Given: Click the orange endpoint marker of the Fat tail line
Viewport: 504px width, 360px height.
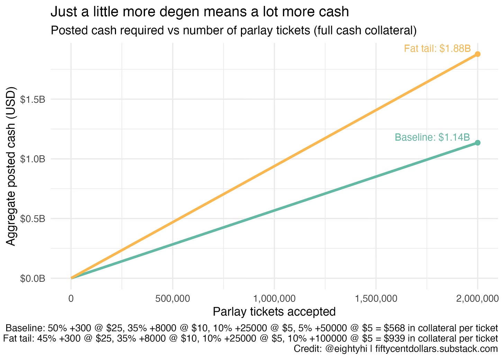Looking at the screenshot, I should click(477, 54).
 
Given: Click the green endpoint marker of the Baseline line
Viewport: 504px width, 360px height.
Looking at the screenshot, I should click(477, 143).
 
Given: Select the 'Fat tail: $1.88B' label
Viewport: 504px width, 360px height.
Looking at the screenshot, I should click(437, 48).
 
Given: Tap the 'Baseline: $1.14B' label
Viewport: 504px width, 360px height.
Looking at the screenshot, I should click(432, 137).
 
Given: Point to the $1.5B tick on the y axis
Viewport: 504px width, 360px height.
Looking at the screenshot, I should click(33, 99).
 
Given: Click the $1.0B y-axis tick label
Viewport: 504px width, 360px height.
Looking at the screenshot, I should click(33, 159).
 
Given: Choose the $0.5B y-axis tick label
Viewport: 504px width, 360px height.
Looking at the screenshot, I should click(33, 219).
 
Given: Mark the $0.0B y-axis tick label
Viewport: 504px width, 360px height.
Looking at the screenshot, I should click(33, 279).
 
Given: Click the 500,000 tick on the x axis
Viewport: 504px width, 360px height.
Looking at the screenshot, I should click(172, 298).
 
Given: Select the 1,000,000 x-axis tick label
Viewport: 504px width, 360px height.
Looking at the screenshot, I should click(274, 298).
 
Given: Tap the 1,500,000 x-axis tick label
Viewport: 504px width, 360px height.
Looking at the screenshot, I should click(376, 298).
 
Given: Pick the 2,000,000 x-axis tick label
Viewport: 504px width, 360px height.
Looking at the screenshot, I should click(477, 298).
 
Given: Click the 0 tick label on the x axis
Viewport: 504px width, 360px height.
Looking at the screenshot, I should click(71, 298).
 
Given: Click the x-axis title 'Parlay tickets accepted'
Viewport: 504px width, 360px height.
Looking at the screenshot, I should click(274, 312).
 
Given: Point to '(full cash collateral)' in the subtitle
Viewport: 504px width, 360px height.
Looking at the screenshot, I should click(365, 30).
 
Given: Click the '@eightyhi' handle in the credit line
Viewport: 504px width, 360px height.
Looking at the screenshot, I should click(346, 349).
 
